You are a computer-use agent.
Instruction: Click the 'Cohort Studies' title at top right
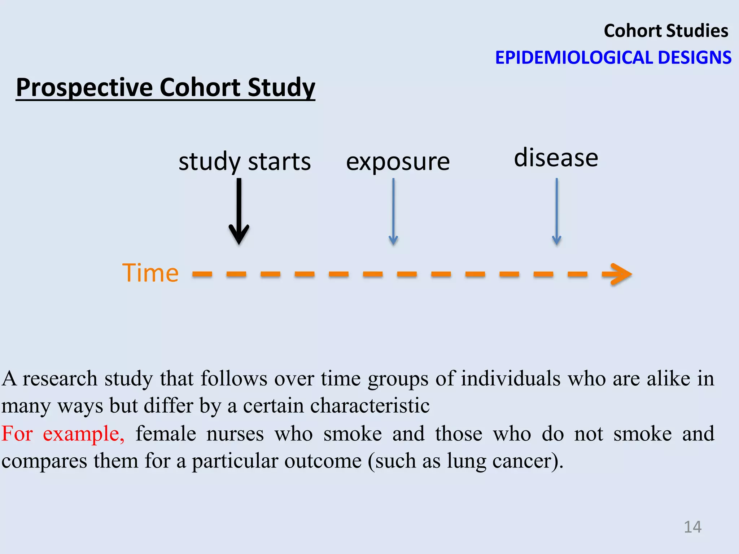pyautogui.click(x=666, y=31)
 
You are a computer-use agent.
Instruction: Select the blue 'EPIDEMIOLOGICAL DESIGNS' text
pyautogui.click(x=613, y=58)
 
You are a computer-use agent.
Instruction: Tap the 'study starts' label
pyautogui.click(x=245, y=162)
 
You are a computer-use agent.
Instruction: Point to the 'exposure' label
pyautogui.click(x=398, y=162)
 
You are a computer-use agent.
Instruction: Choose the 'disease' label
pyautogui.click(x=556, y=158)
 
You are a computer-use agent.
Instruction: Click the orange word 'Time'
pyautogui.click(x=150, y=273)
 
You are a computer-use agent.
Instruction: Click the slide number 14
pyautogui.click(x=692, y=527)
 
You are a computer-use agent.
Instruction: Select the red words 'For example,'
pyautogui.click(x=63, y=433)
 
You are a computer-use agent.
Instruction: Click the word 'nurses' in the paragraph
pyautogui.click(x=235, y=433)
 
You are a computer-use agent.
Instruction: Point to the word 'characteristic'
pyautogui.click(x=370, y=405)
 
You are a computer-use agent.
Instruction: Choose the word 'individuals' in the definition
pyautogui.click(x=511, y=378)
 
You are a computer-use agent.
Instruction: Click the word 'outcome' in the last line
pyautogui.click(x=323, y=461)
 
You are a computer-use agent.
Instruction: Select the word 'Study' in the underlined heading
pyautogui.click(x=281, y=88)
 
